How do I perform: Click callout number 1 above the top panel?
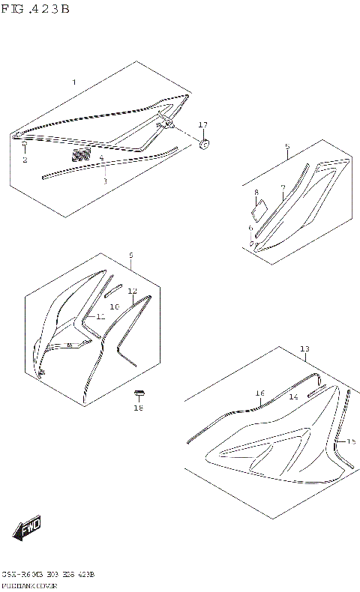tap(73, 81)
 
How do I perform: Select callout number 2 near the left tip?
tap(24, 160)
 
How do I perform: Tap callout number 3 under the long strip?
tap(105, 181)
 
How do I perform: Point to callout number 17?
tap(202, 124)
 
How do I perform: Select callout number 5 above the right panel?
tap(286, 148)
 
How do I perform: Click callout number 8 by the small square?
tap(256, 193)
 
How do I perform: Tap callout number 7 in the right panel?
tap(283, 188)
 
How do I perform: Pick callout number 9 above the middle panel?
tap(130, 256)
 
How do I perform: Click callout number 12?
tap(132, 291)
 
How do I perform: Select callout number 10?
tap(115, 306)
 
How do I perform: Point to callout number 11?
tap(100, 317)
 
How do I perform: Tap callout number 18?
tap(138, 408)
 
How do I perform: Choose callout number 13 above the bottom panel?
tap(304, 349)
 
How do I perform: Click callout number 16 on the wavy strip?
tap(259, 393)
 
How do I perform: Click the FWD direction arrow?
tap(28, 528)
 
